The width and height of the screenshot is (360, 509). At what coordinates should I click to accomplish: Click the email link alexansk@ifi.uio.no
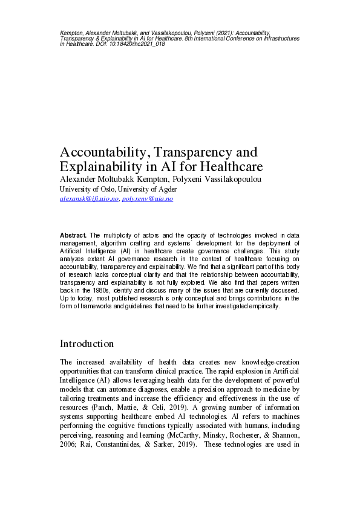point(89,198)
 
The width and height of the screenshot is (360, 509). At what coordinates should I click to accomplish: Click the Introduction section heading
point(87,343)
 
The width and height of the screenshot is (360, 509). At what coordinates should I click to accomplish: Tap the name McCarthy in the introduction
point(220,441)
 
